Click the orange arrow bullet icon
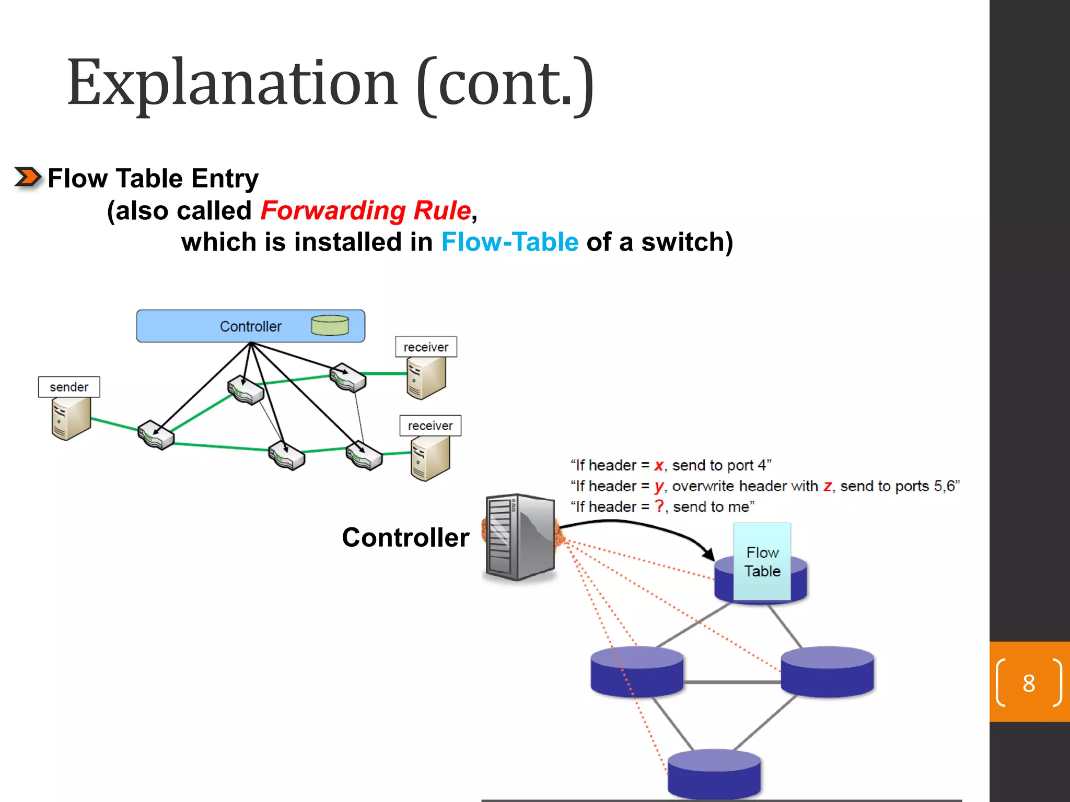(x=27, y=178)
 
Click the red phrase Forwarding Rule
(x=366, y=211)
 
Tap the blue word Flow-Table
(x=510, y=242)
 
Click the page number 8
(x=1029, y=683)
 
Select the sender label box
(x=69, y=387)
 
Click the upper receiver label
(x=426, y=347)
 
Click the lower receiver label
(x=430, y=426)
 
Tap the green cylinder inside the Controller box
(x=330, y=325)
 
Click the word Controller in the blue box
(x=250, y=326)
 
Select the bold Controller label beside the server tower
(x=405, y=537)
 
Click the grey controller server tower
(x=519, y=537)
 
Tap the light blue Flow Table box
(x=762, y=561)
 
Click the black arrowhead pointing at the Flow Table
(x=708, y=554)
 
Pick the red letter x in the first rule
(x=659, y=465)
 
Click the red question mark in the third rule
(x=660, y=506)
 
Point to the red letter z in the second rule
(x=828, y=486)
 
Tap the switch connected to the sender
(x=155, y=434)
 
